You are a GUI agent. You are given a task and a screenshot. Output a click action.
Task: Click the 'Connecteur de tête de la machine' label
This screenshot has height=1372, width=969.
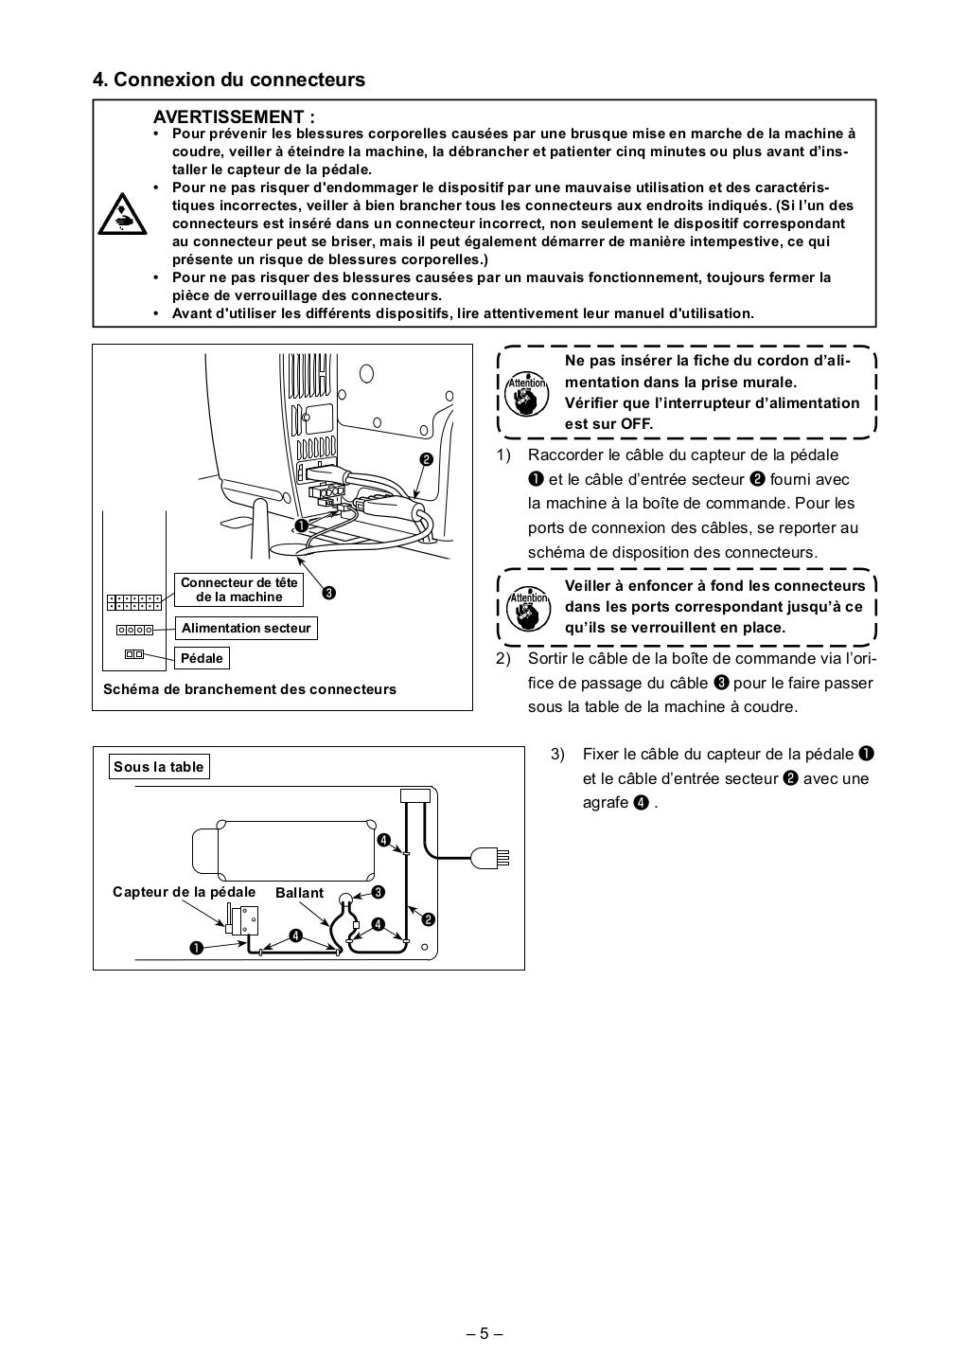tap(238, 589)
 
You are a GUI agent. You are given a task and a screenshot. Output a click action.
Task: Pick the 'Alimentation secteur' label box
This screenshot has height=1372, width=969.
tap(246, 628)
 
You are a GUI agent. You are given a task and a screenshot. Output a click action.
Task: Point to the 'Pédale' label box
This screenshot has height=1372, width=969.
tap(202, 658)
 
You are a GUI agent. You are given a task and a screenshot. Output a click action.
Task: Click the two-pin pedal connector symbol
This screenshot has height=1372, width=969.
tap(133, 654)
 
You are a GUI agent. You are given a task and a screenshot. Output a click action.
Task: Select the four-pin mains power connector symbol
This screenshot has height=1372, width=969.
tap(134, 630)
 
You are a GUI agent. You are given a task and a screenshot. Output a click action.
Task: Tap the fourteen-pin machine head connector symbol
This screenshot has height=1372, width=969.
tap(133, 602)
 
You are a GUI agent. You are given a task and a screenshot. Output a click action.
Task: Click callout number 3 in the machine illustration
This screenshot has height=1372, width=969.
tap(327, 594)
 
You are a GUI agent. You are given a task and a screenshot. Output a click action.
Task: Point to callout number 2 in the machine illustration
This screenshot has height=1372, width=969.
tap(426, 459)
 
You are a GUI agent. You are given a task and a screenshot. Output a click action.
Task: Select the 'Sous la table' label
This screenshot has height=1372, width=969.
tap(158, 767)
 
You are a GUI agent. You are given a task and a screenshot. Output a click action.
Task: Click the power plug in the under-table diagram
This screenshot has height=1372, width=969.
tap(493, 858)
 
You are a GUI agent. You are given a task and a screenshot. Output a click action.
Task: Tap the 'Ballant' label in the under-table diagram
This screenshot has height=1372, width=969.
tap(299, 893)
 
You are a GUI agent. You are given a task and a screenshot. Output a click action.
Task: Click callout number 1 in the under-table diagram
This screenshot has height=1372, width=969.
tap(194, 947)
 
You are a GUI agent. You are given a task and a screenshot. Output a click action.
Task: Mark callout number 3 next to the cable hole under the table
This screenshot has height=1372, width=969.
tap(378, 892)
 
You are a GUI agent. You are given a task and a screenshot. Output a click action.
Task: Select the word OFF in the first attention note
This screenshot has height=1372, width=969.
tap(637, 423)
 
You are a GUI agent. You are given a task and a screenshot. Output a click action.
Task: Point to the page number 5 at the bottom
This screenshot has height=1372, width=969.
tap(484, 1334)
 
